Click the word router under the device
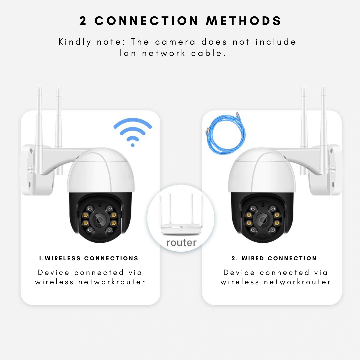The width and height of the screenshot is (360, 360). tap(181, 243)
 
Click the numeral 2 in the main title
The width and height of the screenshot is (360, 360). tap(83, 21)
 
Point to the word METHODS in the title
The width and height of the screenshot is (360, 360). tap(244, 21)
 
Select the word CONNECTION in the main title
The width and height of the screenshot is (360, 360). tap(147, 21)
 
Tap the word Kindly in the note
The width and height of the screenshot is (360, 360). tap(75, 42)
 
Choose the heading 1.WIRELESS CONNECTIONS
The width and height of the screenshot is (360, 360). tap(88, 258)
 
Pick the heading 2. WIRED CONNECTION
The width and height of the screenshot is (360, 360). tap(274, 258)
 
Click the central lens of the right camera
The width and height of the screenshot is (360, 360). tap(262, 220)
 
